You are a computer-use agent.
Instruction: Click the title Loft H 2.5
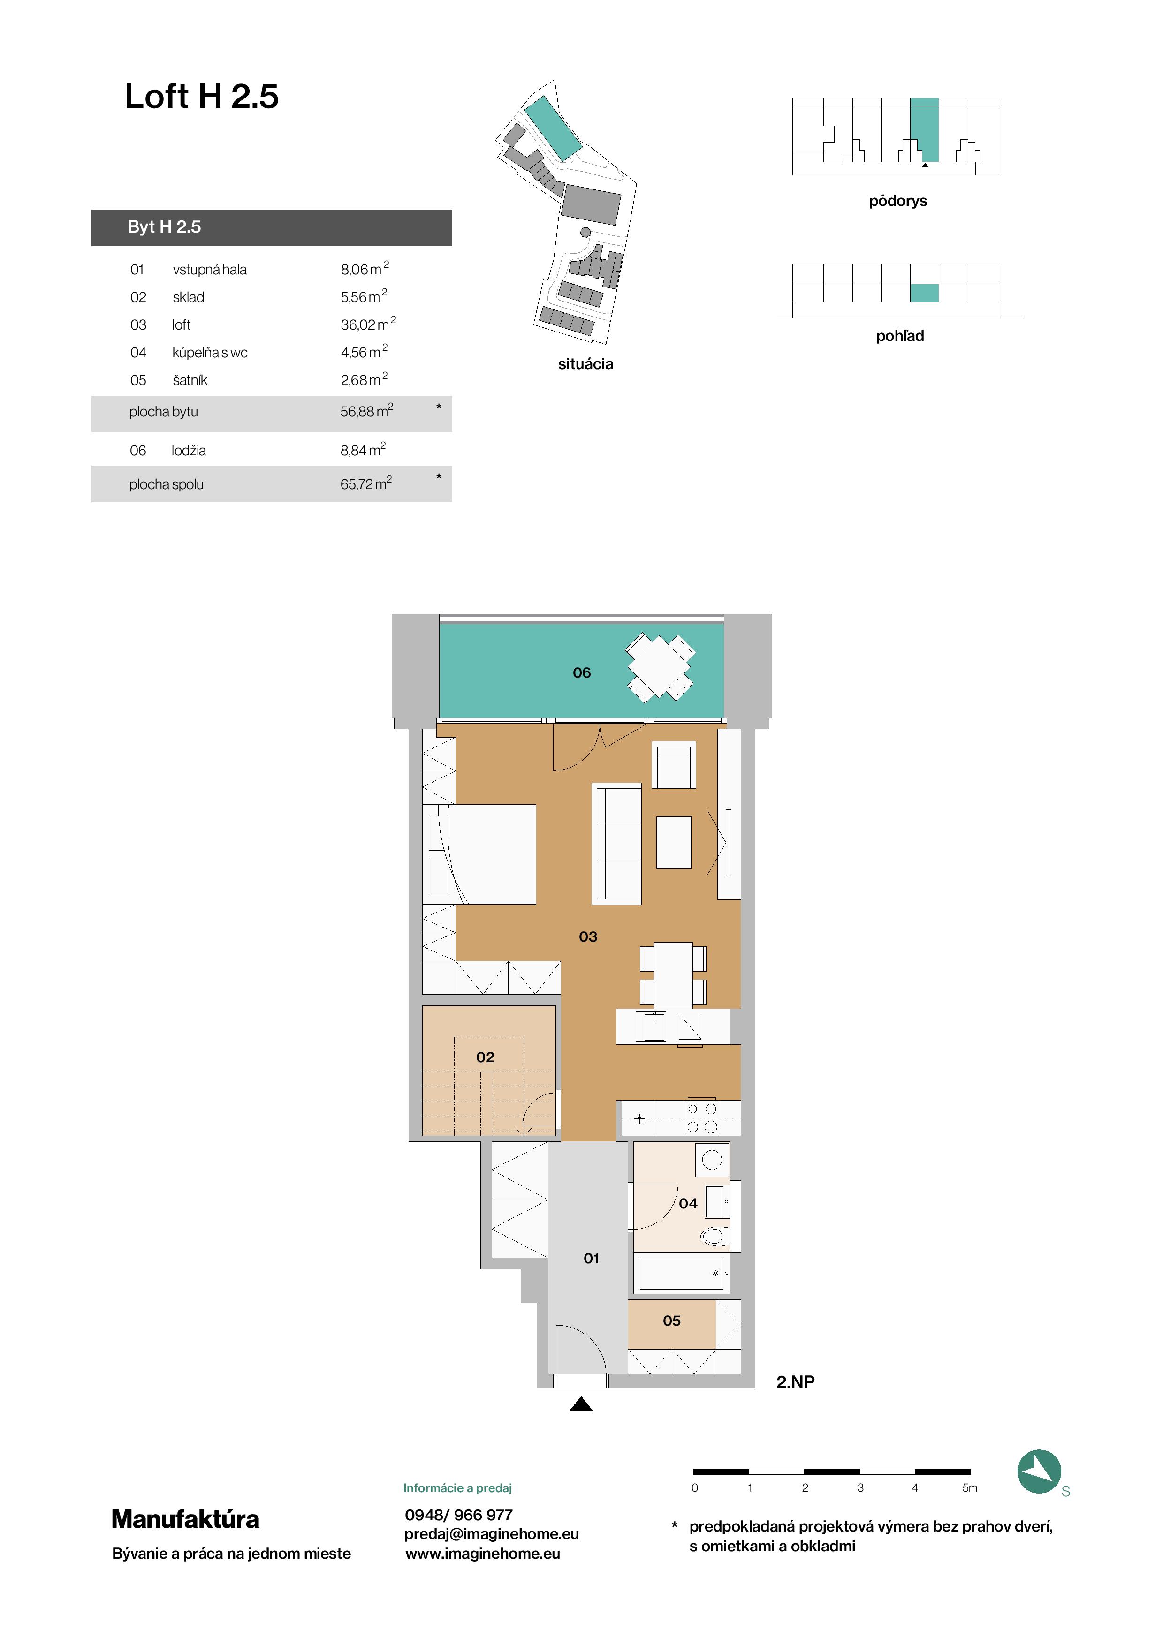point(201,96)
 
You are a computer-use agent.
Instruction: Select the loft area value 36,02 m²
point(368,324)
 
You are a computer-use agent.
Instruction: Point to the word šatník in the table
point(190,380)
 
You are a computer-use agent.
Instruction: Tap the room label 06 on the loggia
point(582,673)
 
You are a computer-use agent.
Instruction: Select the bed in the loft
point(479,854)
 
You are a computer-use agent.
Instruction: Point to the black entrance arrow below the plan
point(581,1404)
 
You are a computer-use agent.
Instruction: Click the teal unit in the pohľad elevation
point(924,293)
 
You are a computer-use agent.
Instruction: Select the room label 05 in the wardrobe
point(671,1321)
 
